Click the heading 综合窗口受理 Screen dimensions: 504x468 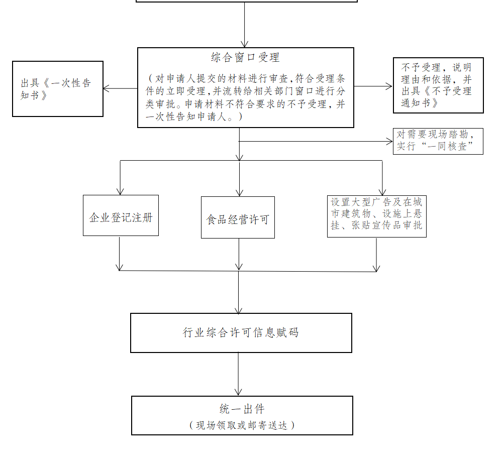[x=245, y=58]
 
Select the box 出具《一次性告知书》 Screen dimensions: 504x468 [x=58, y=89]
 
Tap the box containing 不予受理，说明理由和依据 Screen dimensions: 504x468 [x=439, y=85]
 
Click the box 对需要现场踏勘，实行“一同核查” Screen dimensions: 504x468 [x=438, y=141]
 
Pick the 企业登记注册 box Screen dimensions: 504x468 [x=121, y=215]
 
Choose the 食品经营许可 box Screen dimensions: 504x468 [x=238, y=217]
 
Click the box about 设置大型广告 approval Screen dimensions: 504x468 [x=377, y=216]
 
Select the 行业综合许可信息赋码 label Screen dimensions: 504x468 [x=241, y=332]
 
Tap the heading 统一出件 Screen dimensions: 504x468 [x=242, y=409]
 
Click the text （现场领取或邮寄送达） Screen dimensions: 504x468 [x=242, y=425]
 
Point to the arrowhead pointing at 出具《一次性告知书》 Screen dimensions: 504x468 [x=107, y=88]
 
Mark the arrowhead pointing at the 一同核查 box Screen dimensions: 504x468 [x=389, y=141]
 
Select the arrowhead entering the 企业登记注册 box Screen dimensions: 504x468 [x=120, y=191]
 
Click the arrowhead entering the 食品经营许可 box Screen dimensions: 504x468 [x=240, y=193]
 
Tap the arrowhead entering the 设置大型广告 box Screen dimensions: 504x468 [x=382, y=192]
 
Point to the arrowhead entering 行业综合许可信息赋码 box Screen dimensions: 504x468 [x=239, y=310]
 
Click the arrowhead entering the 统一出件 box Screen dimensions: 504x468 [x=238, y=392]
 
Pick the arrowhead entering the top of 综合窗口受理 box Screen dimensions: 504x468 [x=245, y=44]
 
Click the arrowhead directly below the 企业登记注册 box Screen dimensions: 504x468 [x=119, y=267]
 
